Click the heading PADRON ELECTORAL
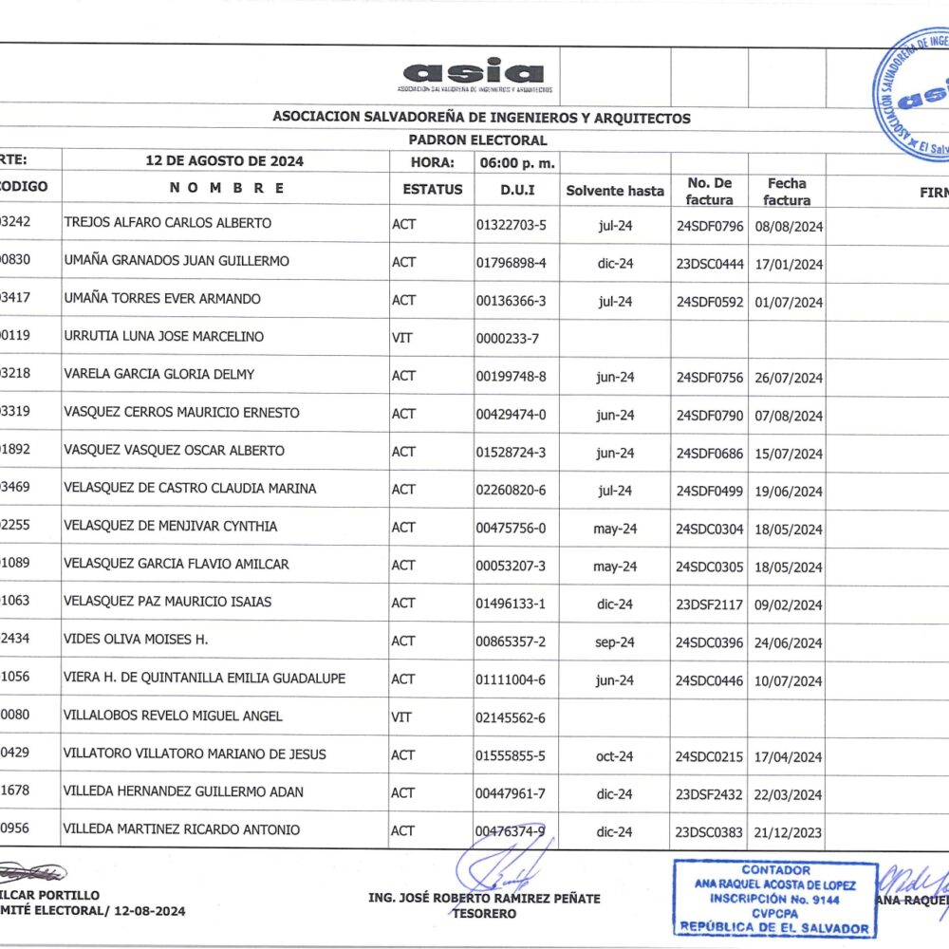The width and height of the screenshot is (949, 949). pos(479,140)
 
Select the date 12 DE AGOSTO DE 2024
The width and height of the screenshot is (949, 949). pos(224,161)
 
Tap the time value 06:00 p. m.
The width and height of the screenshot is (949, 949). pos(517,162)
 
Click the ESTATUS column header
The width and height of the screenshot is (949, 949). pos(433,189)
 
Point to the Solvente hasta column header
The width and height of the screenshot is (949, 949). pos(615,191)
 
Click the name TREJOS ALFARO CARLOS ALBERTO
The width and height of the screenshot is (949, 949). pos(167,223)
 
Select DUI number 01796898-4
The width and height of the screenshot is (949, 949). pos(511,262)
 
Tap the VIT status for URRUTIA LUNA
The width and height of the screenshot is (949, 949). pos(400,337)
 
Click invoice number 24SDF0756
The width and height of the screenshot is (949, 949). pos(709,377)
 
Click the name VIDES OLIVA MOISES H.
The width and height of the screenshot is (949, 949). pos(136,641)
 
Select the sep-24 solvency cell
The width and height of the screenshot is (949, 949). pos(614,642)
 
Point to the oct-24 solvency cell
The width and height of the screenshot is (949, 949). pos(614,756)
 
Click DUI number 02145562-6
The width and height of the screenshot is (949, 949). pos(511,717)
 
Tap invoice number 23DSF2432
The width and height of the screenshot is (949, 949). pos(709,794)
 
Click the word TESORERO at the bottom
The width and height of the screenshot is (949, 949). pos(484,914)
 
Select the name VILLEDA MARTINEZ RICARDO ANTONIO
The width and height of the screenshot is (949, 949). pos(181,830)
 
